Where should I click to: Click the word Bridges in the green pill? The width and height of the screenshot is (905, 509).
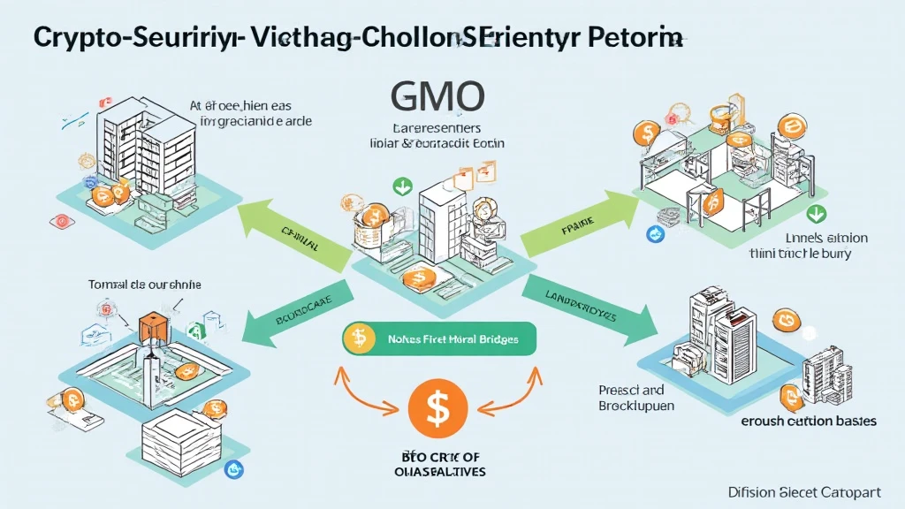point(496,338)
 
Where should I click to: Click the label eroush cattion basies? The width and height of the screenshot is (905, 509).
point(809,421)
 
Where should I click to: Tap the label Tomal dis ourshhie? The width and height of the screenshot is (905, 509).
point(146,285)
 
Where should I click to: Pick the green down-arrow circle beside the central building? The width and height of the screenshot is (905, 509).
point(402,186)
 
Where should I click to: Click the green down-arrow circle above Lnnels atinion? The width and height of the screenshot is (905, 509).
point(818,212)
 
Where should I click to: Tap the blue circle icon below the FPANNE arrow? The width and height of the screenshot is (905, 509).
point(656,233)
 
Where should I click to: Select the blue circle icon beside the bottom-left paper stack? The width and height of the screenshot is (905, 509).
point(234,469)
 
